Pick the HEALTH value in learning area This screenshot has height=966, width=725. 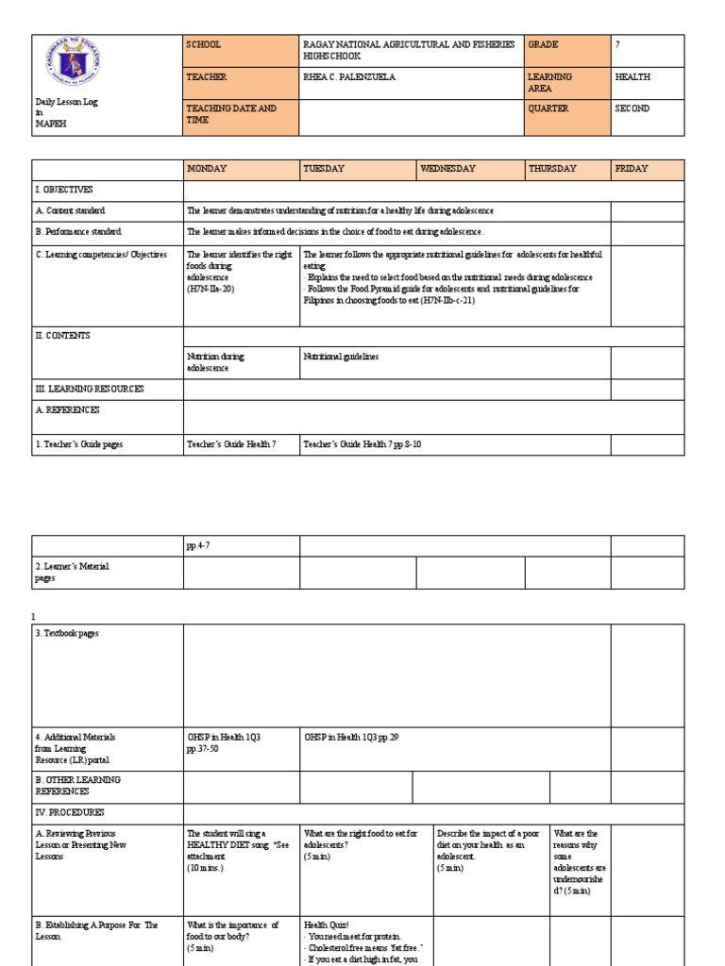point(632,77)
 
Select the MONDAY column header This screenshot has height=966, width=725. point(208,169)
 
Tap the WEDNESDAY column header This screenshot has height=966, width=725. point(448,169)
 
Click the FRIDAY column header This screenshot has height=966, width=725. point(632,169)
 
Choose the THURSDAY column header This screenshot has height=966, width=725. point(553,169)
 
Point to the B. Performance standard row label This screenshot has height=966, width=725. point(78,231)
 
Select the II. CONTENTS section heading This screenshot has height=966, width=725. point(63,336)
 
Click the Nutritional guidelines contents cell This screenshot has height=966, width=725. point(341,357)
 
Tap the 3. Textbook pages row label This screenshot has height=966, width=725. point(67,633)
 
